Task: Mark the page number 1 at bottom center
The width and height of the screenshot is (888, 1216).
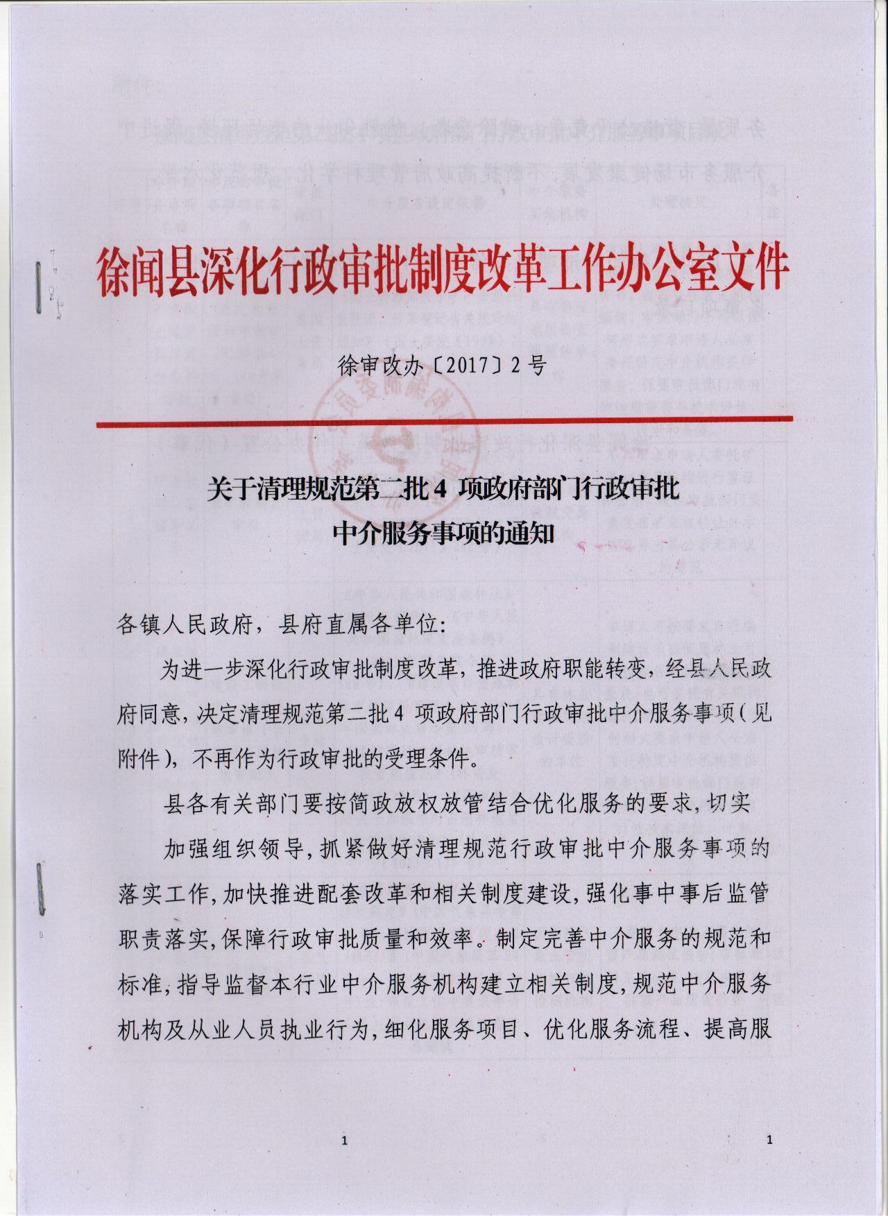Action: [345, 1141]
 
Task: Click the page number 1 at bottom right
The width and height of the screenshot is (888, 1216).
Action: [770, 1140]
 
